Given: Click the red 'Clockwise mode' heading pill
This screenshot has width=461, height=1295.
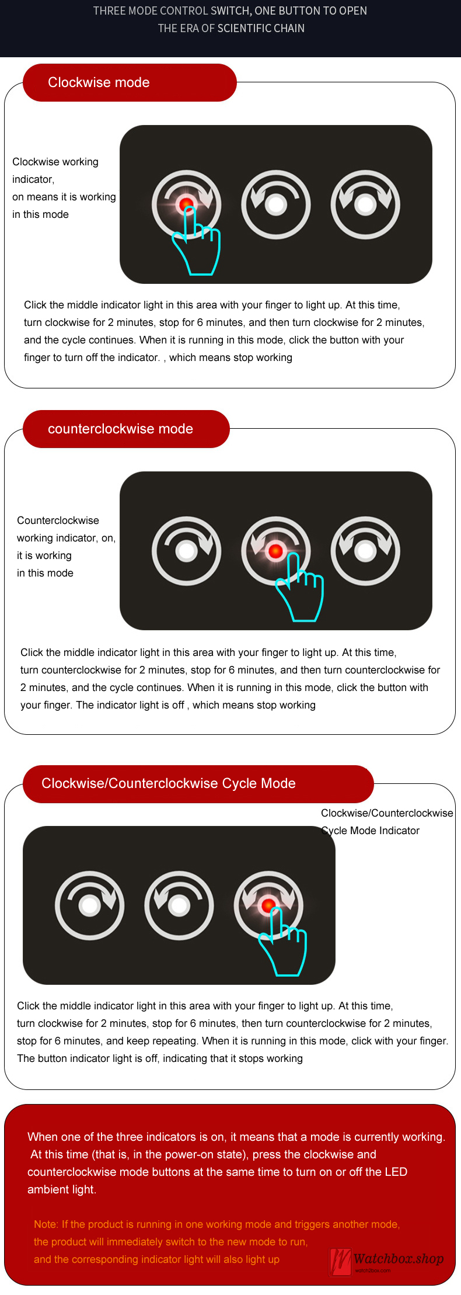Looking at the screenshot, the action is pos(130,82).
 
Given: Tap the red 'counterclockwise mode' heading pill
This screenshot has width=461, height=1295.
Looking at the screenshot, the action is pos(126,429).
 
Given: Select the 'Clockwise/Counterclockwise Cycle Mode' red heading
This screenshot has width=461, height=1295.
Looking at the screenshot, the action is pos(198,784).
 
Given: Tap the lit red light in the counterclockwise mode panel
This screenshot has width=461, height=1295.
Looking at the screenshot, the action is pos(275,550).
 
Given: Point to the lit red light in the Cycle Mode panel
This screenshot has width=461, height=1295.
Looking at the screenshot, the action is pos(268,905).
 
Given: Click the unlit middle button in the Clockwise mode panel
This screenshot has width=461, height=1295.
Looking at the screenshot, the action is pos(276,204).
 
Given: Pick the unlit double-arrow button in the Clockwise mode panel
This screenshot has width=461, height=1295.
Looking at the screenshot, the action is pos(365,204).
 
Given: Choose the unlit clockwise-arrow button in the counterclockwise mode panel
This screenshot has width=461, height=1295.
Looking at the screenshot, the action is pos(187,551).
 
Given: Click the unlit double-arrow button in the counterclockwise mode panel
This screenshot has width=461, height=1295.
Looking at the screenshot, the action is pos(365,551).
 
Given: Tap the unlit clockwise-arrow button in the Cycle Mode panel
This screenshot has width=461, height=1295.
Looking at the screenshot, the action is pos(90,905).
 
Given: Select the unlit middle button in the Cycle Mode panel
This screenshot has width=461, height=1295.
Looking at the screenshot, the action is pos(179,905).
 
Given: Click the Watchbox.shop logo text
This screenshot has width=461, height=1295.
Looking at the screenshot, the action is pos(399,1259).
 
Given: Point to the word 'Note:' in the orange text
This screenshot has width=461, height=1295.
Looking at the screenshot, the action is pos(46,1224).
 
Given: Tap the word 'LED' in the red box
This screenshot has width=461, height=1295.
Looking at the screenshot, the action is pos(396,1172).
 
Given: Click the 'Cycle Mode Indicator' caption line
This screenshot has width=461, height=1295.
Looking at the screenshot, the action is pos(371,831).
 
